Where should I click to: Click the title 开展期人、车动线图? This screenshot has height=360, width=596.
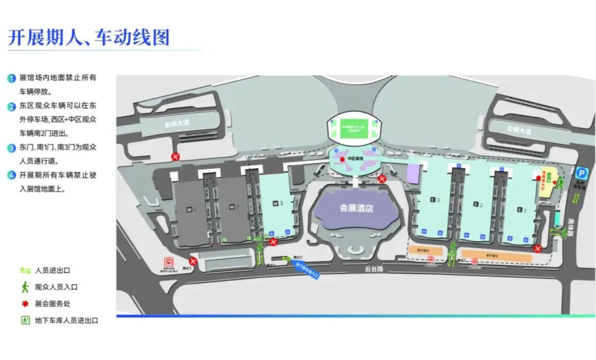click(88, 38)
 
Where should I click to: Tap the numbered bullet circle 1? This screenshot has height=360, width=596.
click(11, 78)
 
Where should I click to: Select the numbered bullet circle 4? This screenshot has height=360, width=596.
click(11, 175)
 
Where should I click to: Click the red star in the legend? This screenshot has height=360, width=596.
click(25, 304)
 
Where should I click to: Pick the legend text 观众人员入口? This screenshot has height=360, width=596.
click(57, 287)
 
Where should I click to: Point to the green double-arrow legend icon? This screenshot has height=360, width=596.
click(26, 270)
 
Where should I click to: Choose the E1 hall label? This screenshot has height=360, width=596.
click(520, 209)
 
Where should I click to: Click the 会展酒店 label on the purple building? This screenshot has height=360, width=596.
click(356, 208)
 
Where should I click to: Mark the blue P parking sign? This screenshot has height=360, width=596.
click(581, 172)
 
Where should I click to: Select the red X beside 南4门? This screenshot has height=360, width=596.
click(193, 261)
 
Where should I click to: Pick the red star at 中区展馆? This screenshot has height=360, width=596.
click(342, 159)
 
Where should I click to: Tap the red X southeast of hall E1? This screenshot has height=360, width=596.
click(537, 248)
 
